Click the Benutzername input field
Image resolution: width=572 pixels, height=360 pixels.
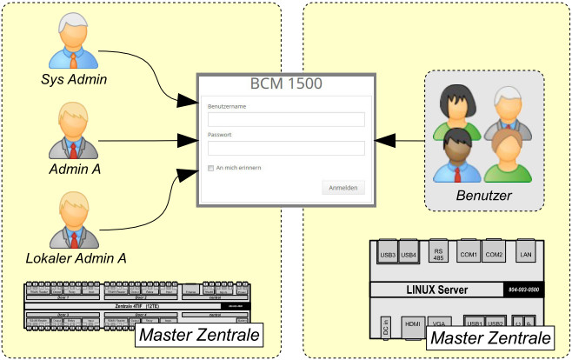[285, 119]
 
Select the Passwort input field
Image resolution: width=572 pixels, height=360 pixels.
[285, 148]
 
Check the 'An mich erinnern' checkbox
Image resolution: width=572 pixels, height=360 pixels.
[210, 167]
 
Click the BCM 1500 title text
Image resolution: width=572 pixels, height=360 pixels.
[286, 84]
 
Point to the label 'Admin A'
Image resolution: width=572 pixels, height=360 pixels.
[74, 169]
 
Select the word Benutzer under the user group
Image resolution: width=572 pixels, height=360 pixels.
[484, 196]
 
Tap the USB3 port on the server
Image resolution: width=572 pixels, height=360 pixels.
[389, 254]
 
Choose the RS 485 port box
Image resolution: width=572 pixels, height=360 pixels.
[438, 254]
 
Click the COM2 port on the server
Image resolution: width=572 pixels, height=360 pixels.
[494, 254]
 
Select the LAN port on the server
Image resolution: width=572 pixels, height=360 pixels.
[525, 254]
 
